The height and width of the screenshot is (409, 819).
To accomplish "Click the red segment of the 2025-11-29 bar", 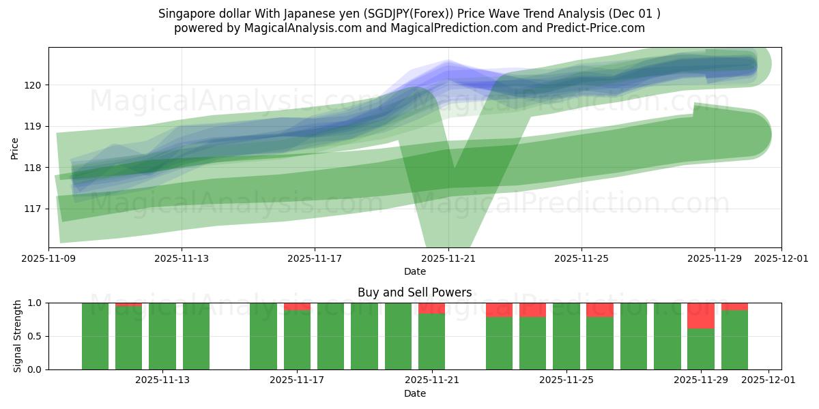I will [701, 316].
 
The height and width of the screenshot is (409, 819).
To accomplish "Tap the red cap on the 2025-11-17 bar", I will [297, 307].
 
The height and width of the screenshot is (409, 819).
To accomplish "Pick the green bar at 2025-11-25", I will [566, 336].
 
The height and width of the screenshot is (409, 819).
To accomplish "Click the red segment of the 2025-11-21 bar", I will [431, 308].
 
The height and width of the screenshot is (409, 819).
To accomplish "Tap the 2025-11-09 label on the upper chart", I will [48, 259].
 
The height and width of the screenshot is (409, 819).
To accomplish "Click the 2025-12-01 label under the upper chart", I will [781, 259].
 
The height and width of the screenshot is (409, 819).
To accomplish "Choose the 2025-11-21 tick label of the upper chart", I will [448, 259].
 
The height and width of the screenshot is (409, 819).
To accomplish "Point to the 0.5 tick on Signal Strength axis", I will [35, 337].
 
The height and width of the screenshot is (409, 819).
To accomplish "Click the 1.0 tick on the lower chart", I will [35, 303].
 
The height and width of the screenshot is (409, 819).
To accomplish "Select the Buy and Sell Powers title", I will [414, 292].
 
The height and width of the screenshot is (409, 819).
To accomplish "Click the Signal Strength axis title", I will [18, 336].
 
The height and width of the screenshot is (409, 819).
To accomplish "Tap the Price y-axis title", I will [15, 147].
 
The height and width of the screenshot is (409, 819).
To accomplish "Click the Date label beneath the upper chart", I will [414, 271].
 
